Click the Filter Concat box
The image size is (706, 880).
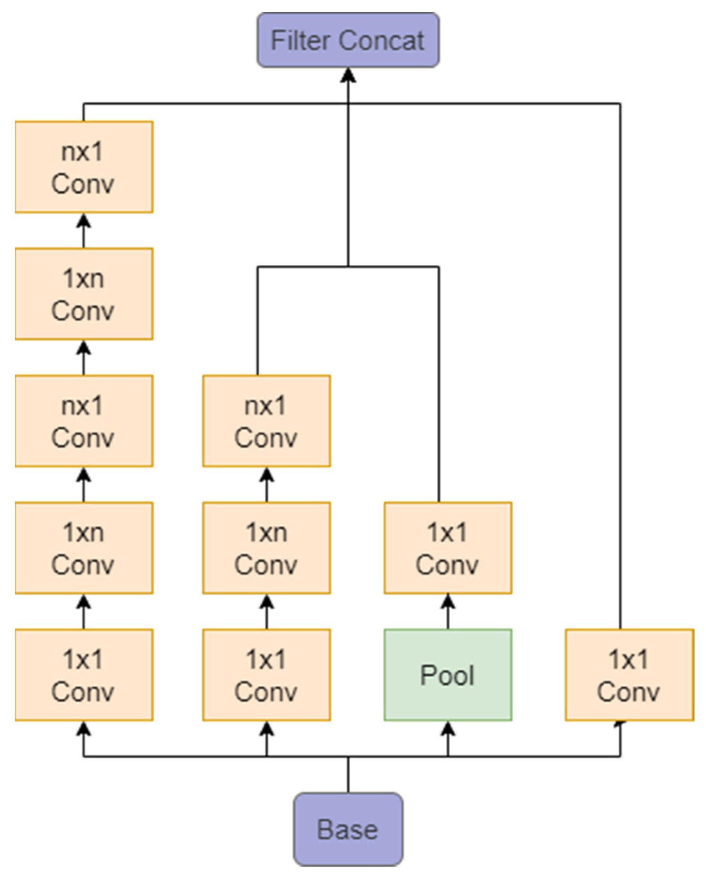(348, 40)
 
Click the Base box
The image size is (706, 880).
(348, 829)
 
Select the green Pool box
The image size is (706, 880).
(448, 674)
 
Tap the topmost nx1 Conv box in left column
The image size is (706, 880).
(84, 167)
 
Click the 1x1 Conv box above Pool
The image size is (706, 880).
(448, 548)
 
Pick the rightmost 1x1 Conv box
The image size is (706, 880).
(629, 674)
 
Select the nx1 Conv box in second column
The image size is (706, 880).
(266, 421)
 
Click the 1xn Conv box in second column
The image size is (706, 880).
(266, 548)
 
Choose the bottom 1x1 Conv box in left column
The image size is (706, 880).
(84, 674)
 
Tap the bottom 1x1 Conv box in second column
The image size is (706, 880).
(266, 674)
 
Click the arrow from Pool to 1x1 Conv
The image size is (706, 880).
(448, 611)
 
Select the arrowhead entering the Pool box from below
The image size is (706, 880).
(448, 729)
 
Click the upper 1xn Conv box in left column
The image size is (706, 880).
(84, 294)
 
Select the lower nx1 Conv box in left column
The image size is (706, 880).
(84, 421)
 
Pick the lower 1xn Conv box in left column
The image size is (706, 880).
(84, 548)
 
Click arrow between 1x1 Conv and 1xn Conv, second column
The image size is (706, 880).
(266, 611)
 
